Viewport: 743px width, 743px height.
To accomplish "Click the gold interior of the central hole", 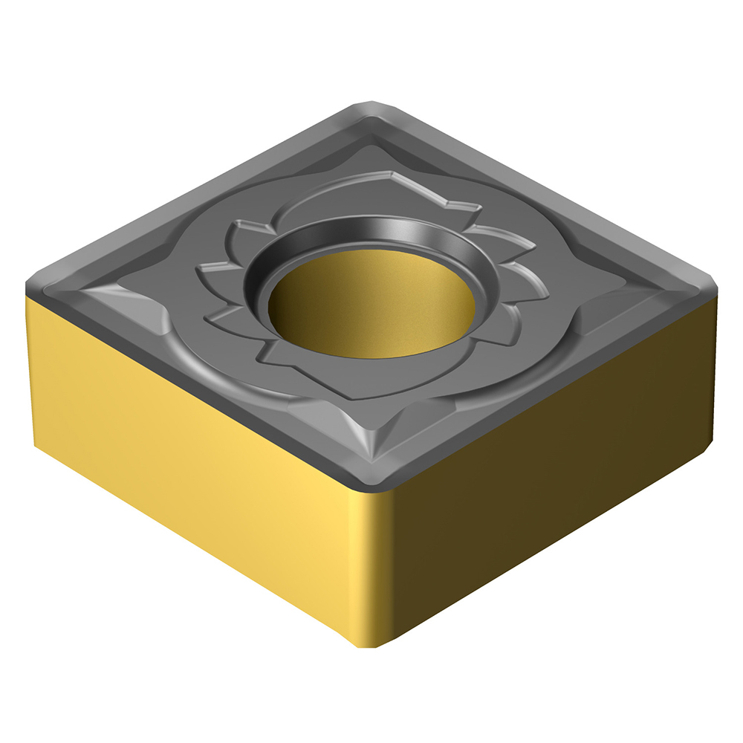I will [371, 305].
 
